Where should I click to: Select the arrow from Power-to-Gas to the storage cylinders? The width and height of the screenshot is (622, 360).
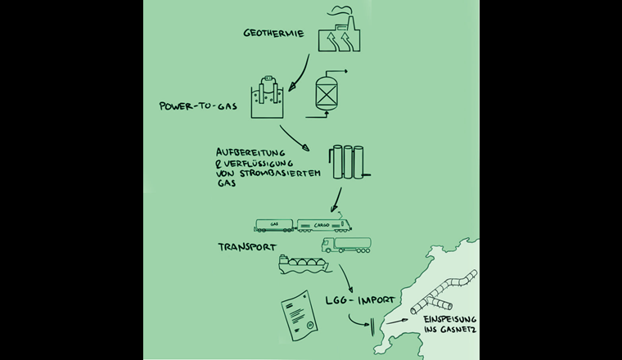pyautogui.click(x=295, y=138)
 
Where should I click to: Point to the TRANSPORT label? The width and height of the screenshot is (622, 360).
pyautogui.click(x=246, y=245)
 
